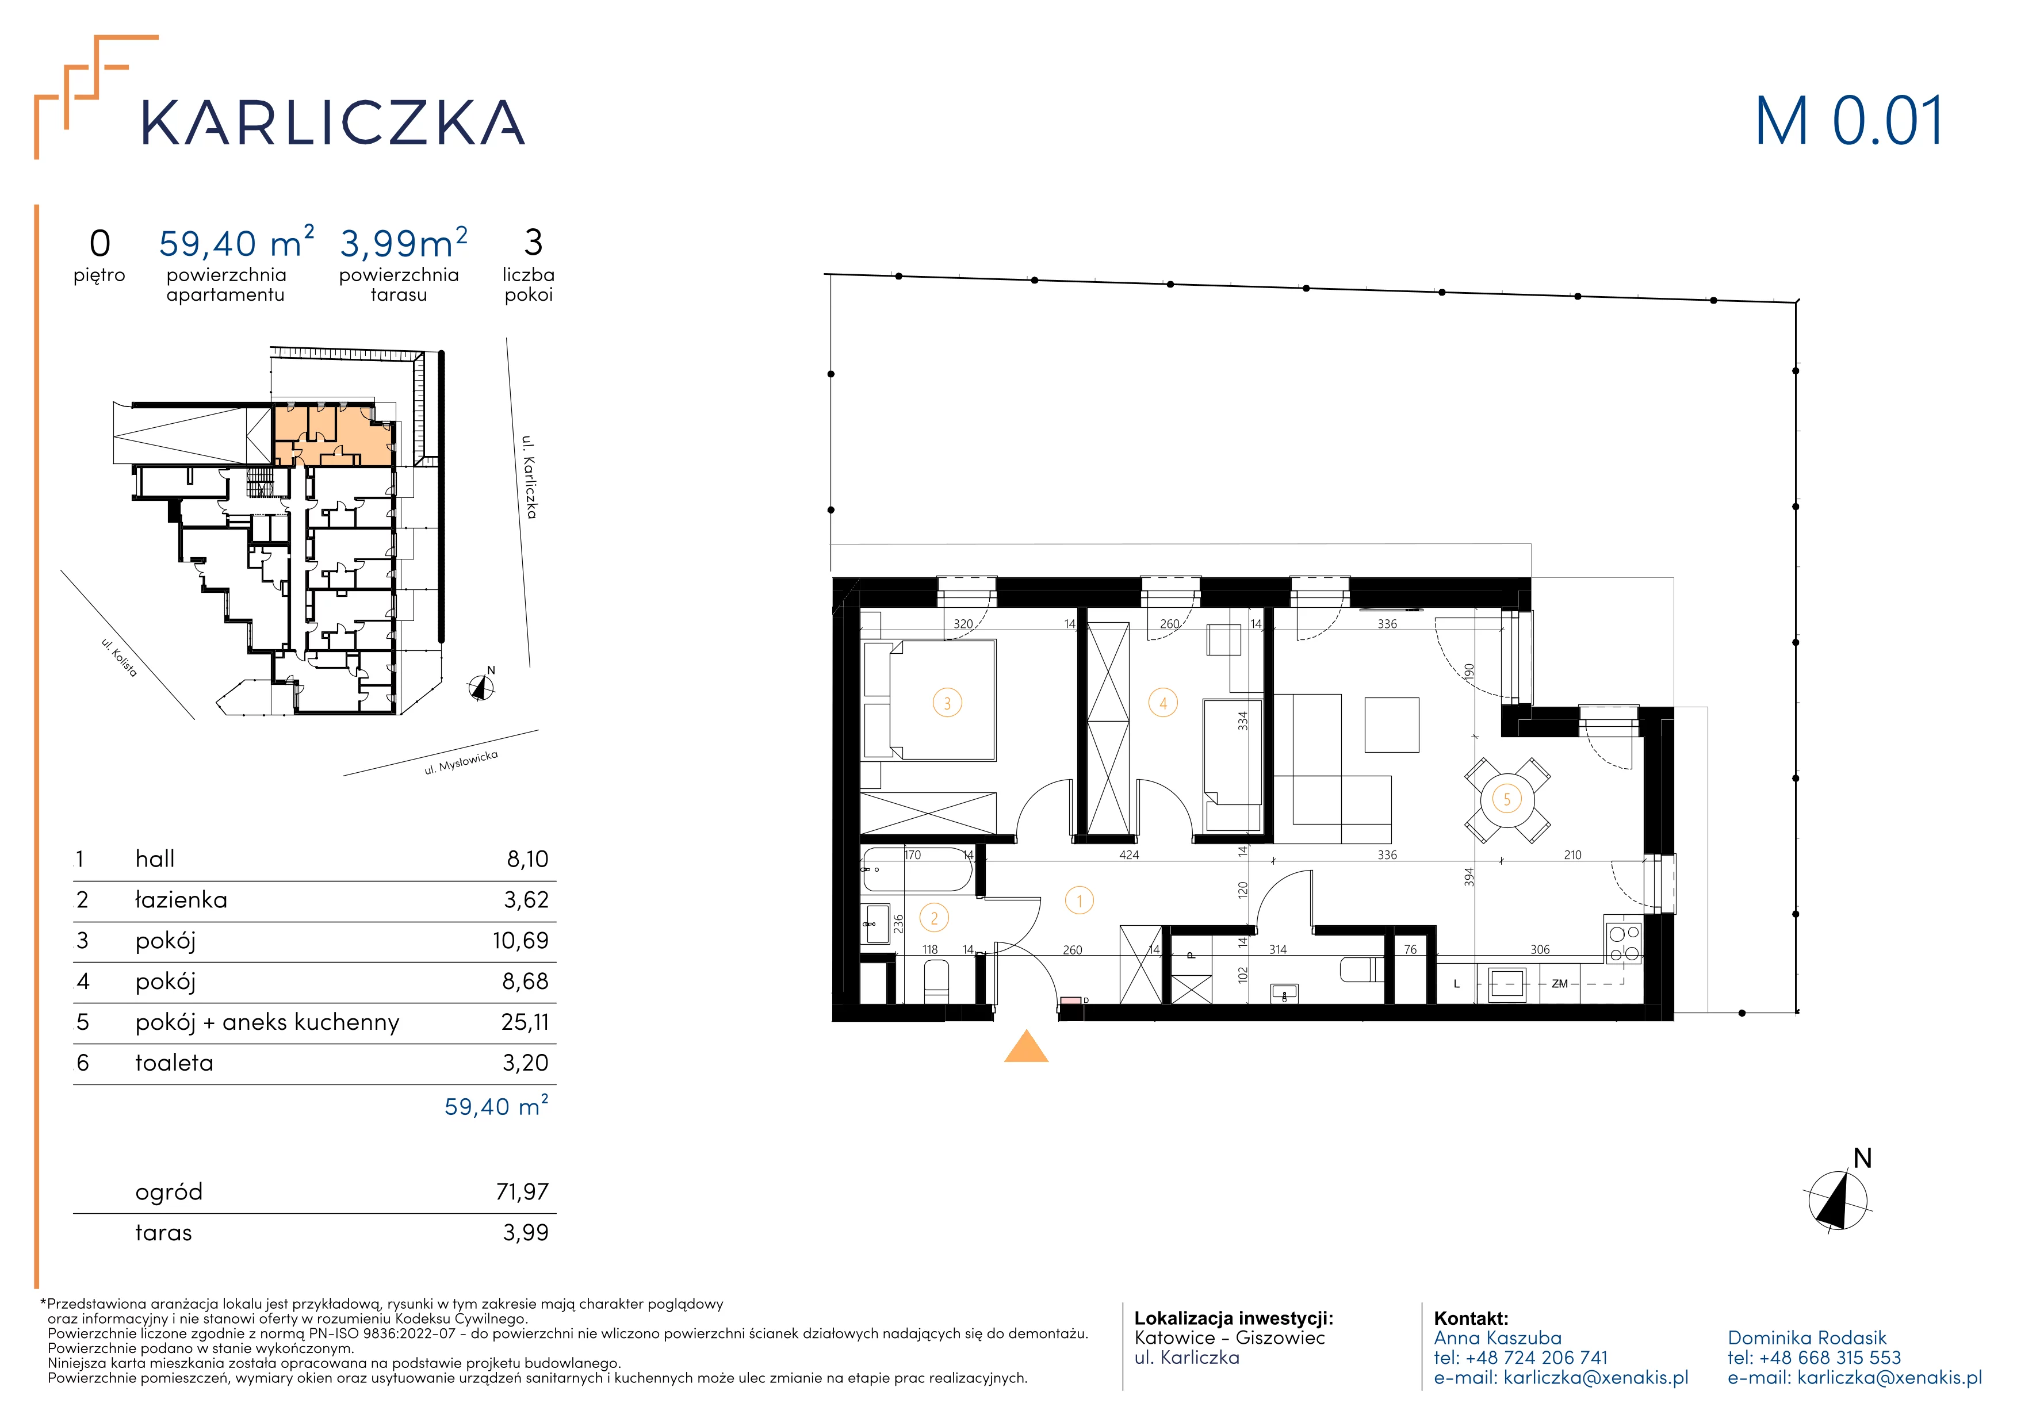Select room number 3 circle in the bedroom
[947, 703]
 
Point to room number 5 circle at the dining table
[1507, 799]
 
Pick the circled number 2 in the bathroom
[934, 918]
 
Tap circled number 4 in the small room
[1163, 703]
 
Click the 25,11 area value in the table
[525, 1022]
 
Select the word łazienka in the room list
[181, 899]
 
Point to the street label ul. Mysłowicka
[461, 762]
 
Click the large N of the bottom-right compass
[1862, 1158]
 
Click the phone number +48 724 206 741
[1536, 1358]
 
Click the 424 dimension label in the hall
[1129, 855]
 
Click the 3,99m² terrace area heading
[403, 243]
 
